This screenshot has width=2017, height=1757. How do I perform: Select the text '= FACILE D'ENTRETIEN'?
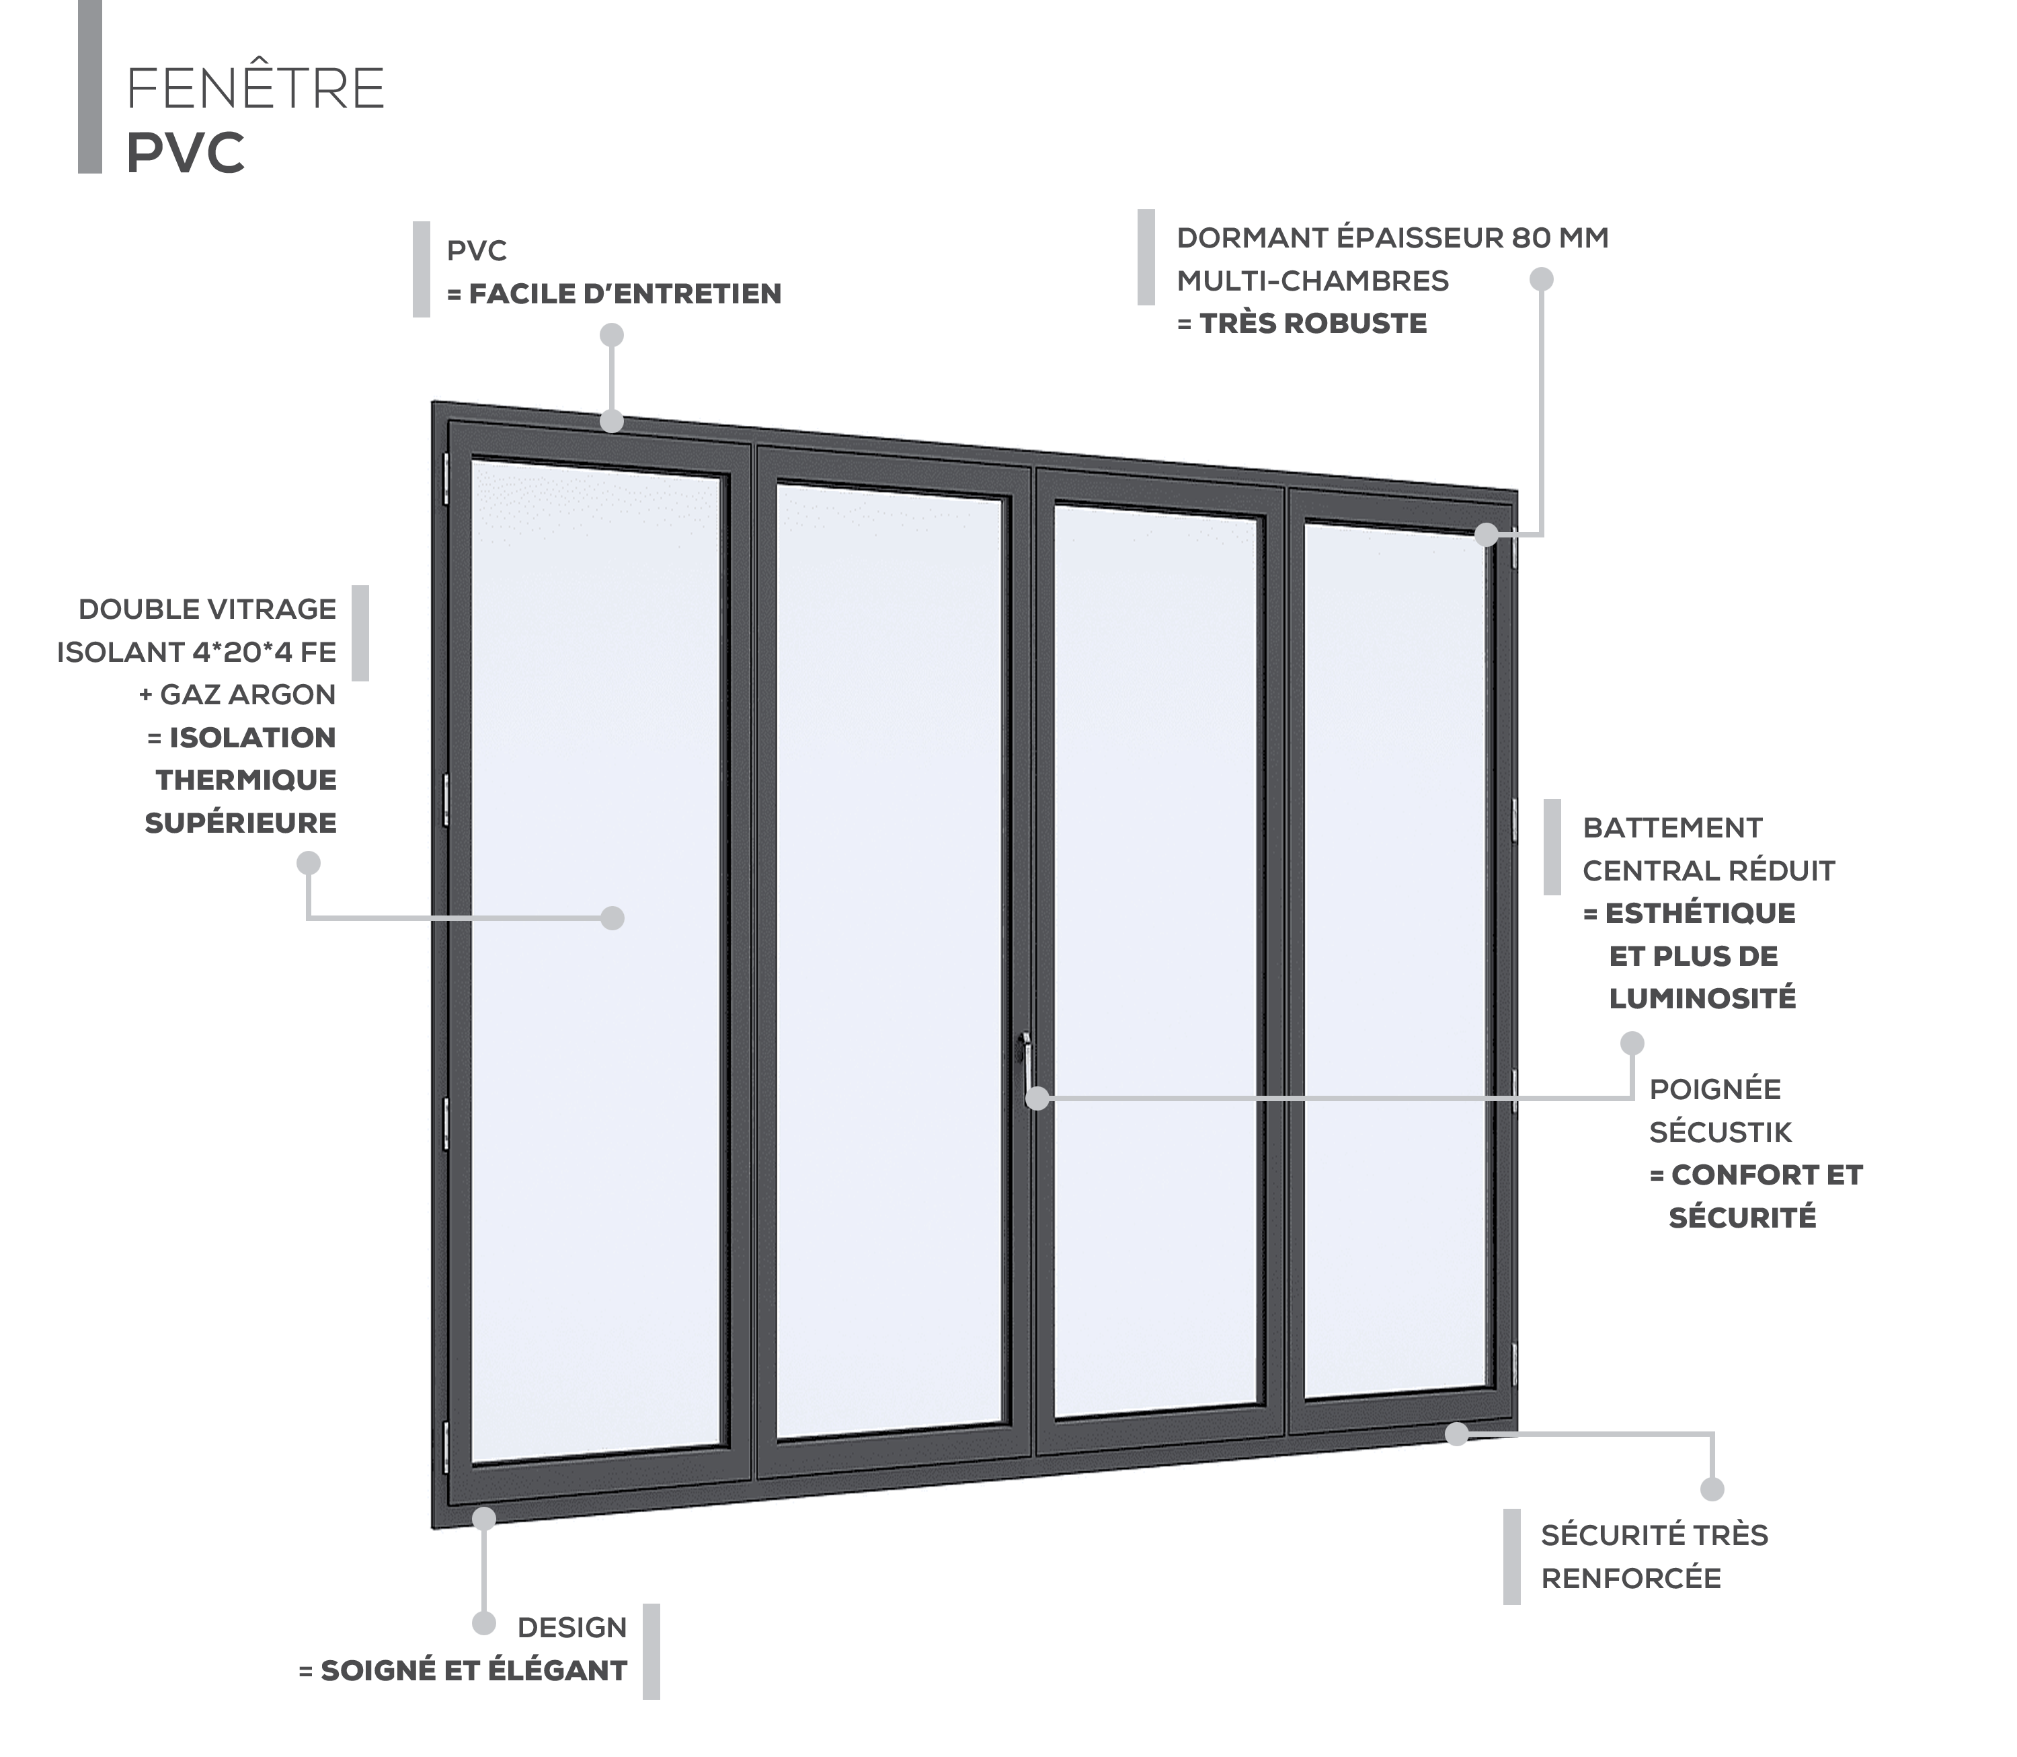click(x=614, y=294)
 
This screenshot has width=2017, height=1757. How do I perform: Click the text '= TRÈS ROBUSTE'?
click(x=1302, y=324)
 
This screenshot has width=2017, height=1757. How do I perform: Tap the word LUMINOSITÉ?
click(x=1702, y=999)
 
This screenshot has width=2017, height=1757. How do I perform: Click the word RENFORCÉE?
click(x=1631, y=1579)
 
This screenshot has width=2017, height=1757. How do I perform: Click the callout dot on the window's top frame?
click(x=612, y=422)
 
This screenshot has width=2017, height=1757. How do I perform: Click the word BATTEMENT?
click(x=1672, y=829)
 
